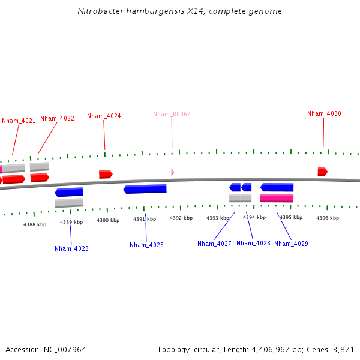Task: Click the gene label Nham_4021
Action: pyautogui.click(x=19, y=121)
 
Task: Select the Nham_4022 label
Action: pyautogui.click(x=58, y=118)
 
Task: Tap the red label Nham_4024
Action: pyautogui.click(x=104, y=116)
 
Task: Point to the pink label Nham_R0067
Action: pyautogui.click(x=172, y=114)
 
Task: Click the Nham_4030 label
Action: pyautogui.click(x=324, y=113)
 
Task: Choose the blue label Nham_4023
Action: pyautogui.click(x=71, y=248)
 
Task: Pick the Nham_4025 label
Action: pyautogui.click(x=146, y=245)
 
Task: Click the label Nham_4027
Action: pyautogui.click(x=214, y=244)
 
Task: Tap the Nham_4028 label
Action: pyautogui.click(x=253, y=243)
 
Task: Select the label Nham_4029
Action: pyautogui.click(x=291, y=244)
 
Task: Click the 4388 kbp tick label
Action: pyautogui.click(x=35, y=224)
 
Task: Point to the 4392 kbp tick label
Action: pyautogui.click(x=181, y=218)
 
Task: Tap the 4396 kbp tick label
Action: pyautogui.click(x=328, y=218)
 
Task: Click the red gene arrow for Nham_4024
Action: pyautogui.click(x=106, y=174)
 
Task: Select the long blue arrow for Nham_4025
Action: pyautogui.click(x=145, y=189)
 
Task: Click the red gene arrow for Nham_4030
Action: pyautogui.click(x=323, y=172)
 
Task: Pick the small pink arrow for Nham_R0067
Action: pyautogui.click(x=172, y=172)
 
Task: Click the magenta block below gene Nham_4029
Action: pyautogui.click(x=277, y=198)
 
